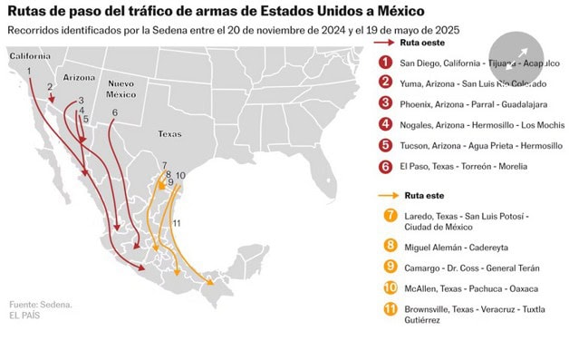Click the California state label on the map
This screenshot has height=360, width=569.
pos(29,56)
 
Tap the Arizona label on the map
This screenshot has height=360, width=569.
pos(79,78)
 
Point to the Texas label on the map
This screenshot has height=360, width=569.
pos(169,132)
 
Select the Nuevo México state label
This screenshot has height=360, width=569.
pos(121,89)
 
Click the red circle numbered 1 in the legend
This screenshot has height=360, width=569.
pos(387,63)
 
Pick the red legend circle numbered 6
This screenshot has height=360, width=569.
pos(387,166)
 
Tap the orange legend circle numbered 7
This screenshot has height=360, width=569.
pos(391,216)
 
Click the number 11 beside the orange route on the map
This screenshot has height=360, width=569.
pos(177,223)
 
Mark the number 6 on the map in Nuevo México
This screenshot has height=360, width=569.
pos(114,112)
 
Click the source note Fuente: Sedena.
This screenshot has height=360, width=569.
pos(41,304)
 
